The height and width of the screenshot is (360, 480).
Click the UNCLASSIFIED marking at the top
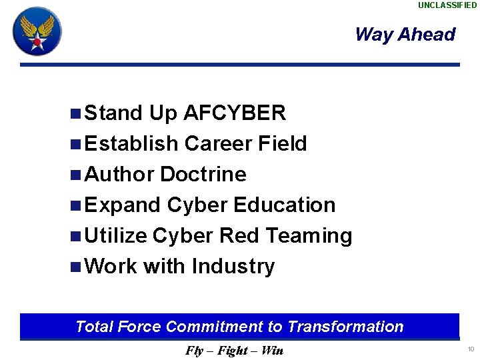[x=447, y=5]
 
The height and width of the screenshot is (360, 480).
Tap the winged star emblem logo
[x=37, y=31]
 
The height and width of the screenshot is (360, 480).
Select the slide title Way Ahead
[x=405, y=35]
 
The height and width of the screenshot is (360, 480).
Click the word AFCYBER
[x=234, y=113]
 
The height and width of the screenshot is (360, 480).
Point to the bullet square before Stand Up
[x=75, y=113]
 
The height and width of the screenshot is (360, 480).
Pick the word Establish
[x=132, y=143]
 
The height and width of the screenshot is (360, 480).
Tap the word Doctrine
[x=203, y=174]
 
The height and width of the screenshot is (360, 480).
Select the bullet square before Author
[x=75, y=175]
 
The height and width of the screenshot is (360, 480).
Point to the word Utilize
[x=116, y=235]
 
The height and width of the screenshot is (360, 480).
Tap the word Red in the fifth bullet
[x=234, y=235]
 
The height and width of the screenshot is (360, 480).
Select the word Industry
[x=233, y=266]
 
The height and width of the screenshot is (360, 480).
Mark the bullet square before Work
[x=75, y=267]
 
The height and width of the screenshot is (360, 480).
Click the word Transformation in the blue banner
[x=345, y=327]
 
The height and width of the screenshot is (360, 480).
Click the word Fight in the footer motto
[x=233, y=351]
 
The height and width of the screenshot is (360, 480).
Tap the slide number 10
[x=471, y=349]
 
